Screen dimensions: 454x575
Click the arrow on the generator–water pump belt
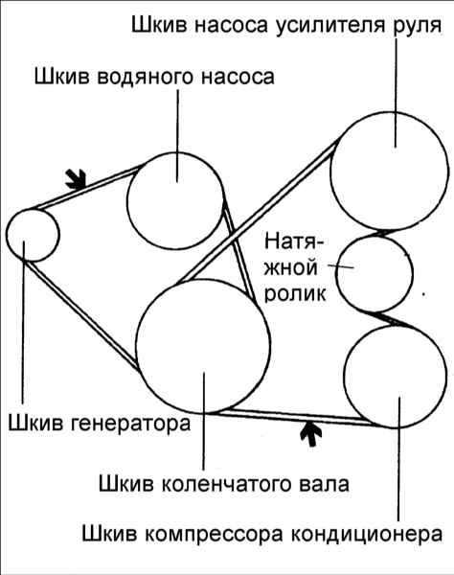[76, 179]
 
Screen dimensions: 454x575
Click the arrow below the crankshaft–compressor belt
[311, 434]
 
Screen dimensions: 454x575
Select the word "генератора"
[129, 424]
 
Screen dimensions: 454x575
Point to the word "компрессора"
[214, 534]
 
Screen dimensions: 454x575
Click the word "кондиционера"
[367, 534]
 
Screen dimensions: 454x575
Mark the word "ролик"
[295, 294]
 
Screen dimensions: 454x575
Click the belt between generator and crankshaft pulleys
[82, 315]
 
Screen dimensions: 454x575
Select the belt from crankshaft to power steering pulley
[258, 213]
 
